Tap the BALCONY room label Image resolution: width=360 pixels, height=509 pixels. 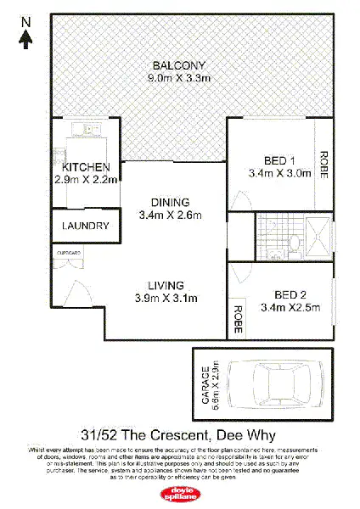179,66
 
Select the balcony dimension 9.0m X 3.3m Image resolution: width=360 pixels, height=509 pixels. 179,78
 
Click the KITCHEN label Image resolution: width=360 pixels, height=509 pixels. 86,167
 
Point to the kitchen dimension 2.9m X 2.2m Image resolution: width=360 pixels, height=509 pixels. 86,179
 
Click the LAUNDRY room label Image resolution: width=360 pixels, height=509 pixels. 86,227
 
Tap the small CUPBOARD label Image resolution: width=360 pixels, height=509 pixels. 69,253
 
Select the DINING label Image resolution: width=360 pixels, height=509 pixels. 170,202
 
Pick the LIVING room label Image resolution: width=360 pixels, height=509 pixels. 169,285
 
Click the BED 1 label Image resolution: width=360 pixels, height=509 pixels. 279,161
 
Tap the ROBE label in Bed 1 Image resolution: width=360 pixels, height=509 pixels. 323,162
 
